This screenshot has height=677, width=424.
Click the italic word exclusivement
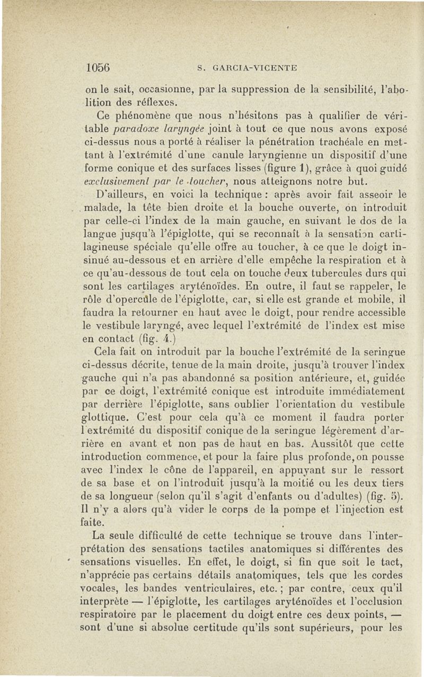116,185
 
